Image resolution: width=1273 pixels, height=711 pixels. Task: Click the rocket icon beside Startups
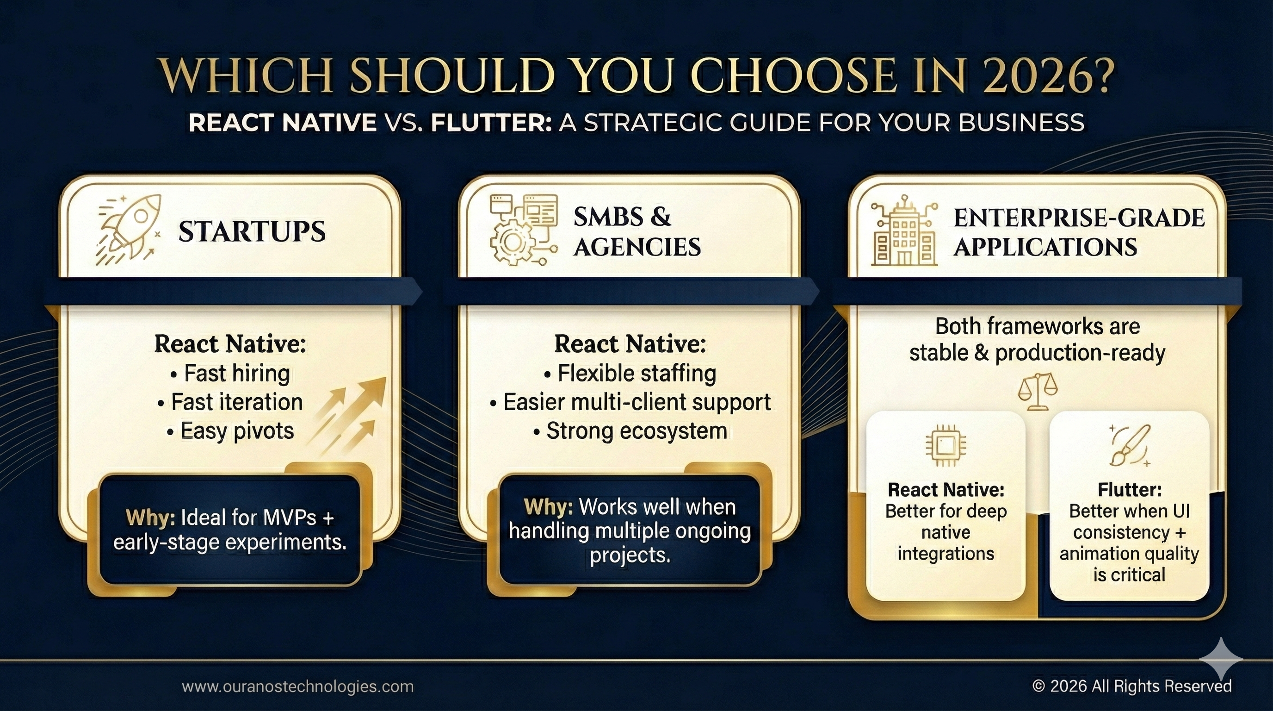[x=130, y=230]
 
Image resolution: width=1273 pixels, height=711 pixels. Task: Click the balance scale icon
[x=1037, y=392]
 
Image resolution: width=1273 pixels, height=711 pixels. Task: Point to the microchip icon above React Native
[x=945, y=446]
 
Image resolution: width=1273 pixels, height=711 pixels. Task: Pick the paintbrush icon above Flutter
[x=1130, y=446]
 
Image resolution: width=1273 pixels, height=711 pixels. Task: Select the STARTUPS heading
[x=252, y=231]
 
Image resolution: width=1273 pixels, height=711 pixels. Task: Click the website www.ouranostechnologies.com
[x=297, y=686]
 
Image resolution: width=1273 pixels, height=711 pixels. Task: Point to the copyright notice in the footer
[x=1131, y=686]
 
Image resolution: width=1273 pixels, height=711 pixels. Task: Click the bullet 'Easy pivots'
[x=230, y=430]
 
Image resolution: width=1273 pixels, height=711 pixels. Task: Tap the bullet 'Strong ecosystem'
[x=630, y=430]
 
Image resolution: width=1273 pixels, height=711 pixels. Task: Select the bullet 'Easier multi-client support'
[x=630, y=402]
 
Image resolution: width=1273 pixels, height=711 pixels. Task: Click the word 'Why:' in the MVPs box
[x=151, y=518]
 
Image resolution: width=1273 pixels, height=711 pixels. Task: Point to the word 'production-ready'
[x=1080, y=353]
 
